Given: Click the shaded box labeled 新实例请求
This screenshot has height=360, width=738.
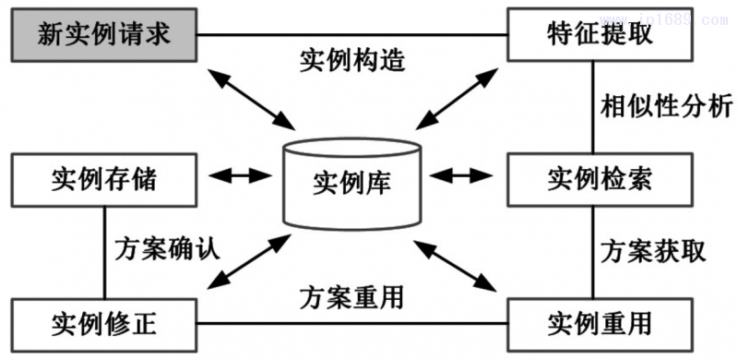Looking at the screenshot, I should tap(104, 34).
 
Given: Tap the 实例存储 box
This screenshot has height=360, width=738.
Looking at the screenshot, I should tap(104, 177).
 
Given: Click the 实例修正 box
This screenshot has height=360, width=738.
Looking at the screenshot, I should tap(104, 323).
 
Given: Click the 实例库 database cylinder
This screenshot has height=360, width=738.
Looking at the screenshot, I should tap(353, 180).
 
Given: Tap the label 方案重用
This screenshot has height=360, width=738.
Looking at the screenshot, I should tap(353, 298).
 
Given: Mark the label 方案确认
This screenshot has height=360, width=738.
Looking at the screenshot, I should tap(172, 249).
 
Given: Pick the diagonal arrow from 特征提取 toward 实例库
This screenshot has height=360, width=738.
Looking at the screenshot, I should tap(454, 97).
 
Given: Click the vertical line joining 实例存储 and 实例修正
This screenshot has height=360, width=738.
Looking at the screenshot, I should tap(104, 251).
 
